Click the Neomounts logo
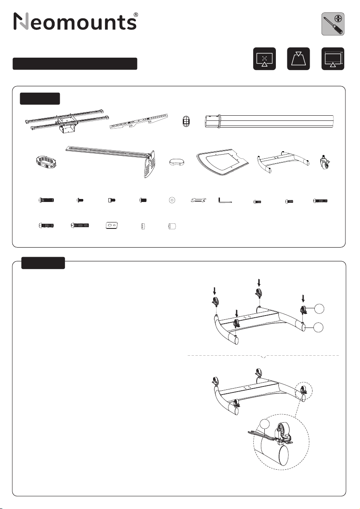click(75, 21)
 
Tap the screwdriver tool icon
click(333, 24)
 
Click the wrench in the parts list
click(198, 200)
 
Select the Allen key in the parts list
click(225, 200)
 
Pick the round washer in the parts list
click(172, 200)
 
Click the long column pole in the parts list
click(269, 121)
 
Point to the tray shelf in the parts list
click(222, 163)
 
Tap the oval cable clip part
click(186, 121)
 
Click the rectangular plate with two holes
click(111, 225)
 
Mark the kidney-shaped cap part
click(177, 161)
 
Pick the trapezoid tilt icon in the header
click(299, 59)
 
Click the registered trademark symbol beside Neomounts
click(136, 15)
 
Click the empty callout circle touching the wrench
click(265, 424)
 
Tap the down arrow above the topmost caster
click(259, 282)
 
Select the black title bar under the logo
click(75, 64)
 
